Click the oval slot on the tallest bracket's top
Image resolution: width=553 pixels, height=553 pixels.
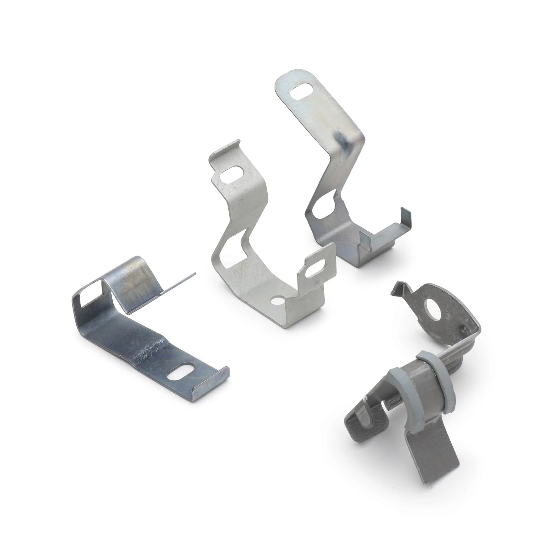(301, 91)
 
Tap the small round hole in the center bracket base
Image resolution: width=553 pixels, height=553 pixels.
(276, 301)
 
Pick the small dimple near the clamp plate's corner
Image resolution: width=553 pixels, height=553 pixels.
(461, 326)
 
